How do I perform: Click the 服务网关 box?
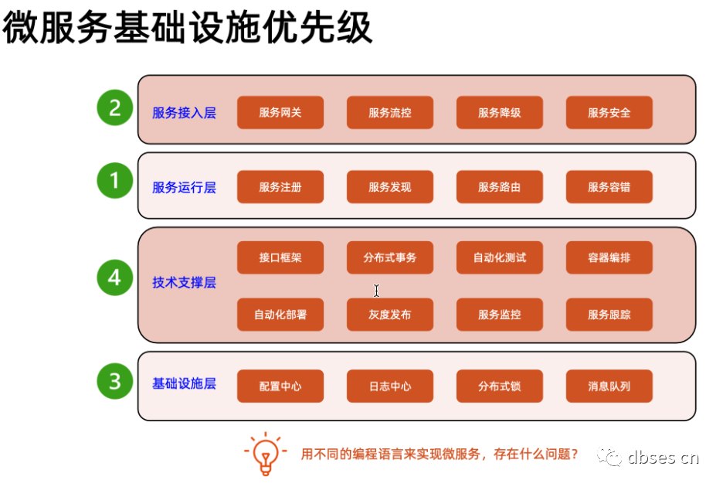point(280,113)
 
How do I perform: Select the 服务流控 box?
point(389,113)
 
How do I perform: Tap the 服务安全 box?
point(609,113)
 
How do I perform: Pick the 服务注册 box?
point(280,187)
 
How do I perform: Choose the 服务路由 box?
point(499,187)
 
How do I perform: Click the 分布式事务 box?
point(389,257)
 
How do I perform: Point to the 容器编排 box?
point(609,257)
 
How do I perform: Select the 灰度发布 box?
point(389,315)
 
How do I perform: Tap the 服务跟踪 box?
point(609,315)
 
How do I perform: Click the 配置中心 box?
point(280,387)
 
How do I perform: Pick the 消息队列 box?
point(609,387)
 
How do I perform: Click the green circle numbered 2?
point(115,108)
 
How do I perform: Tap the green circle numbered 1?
point(115,182)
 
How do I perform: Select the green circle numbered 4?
point(115,278)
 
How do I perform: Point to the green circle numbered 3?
point(115,381)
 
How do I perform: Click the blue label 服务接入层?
point(184,113)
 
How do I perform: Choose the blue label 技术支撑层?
point(184,283)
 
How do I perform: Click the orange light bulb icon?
point(265,453)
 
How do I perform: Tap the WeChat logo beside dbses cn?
point(610,457)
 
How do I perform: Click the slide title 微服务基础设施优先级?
point(188,29)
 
